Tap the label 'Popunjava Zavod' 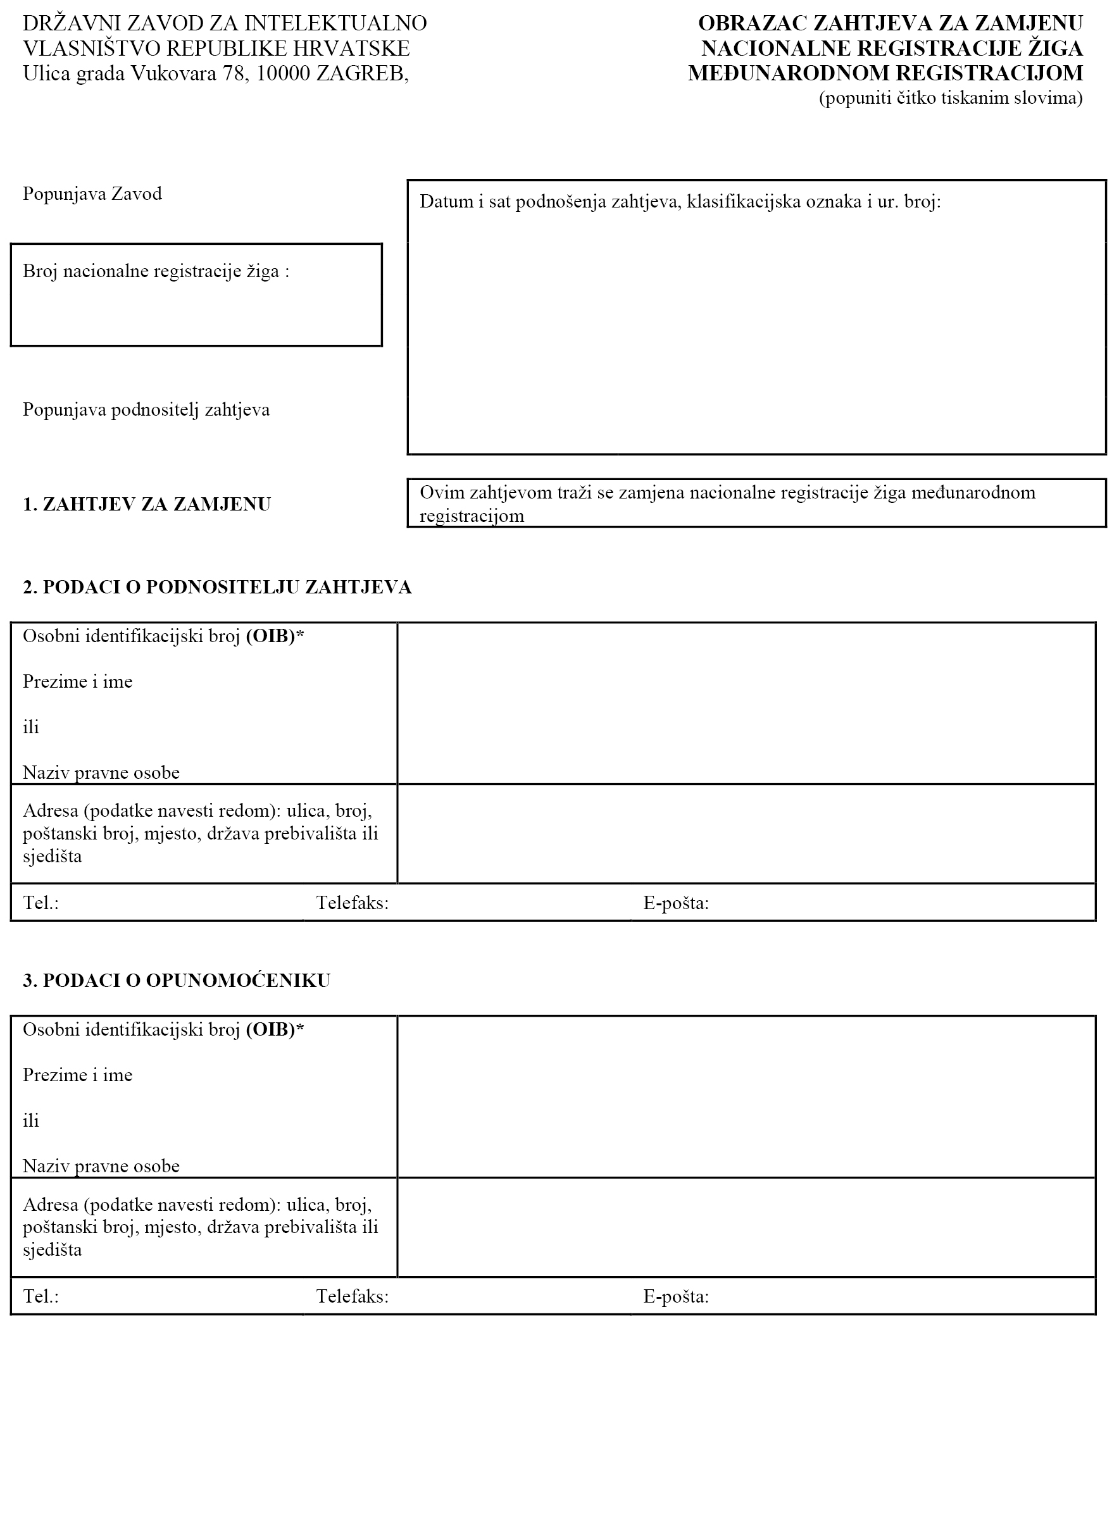point(92,194)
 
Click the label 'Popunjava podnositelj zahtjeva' point(146,409)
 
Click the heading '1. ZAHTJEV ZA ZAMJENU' point(146,504)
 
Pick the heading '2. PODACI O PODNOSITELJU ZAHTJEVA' point(216,587)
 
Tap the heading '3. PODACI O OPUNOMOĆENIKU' point(176,981)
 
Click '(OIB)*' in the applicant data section point(274,636)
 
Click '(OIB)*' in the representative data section point(274,1030)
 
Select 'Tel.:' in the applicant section point(41,903)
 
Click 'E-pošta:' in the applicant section point(675,903)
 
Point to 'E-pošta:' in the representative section point(675,1296)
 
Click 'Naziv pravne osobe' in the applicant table point(101,772)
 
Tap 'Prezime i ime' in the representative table point(77,1075)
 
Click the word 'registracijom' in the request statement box point(472,517)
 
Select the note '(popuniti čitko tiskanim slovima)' point(951,98)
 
